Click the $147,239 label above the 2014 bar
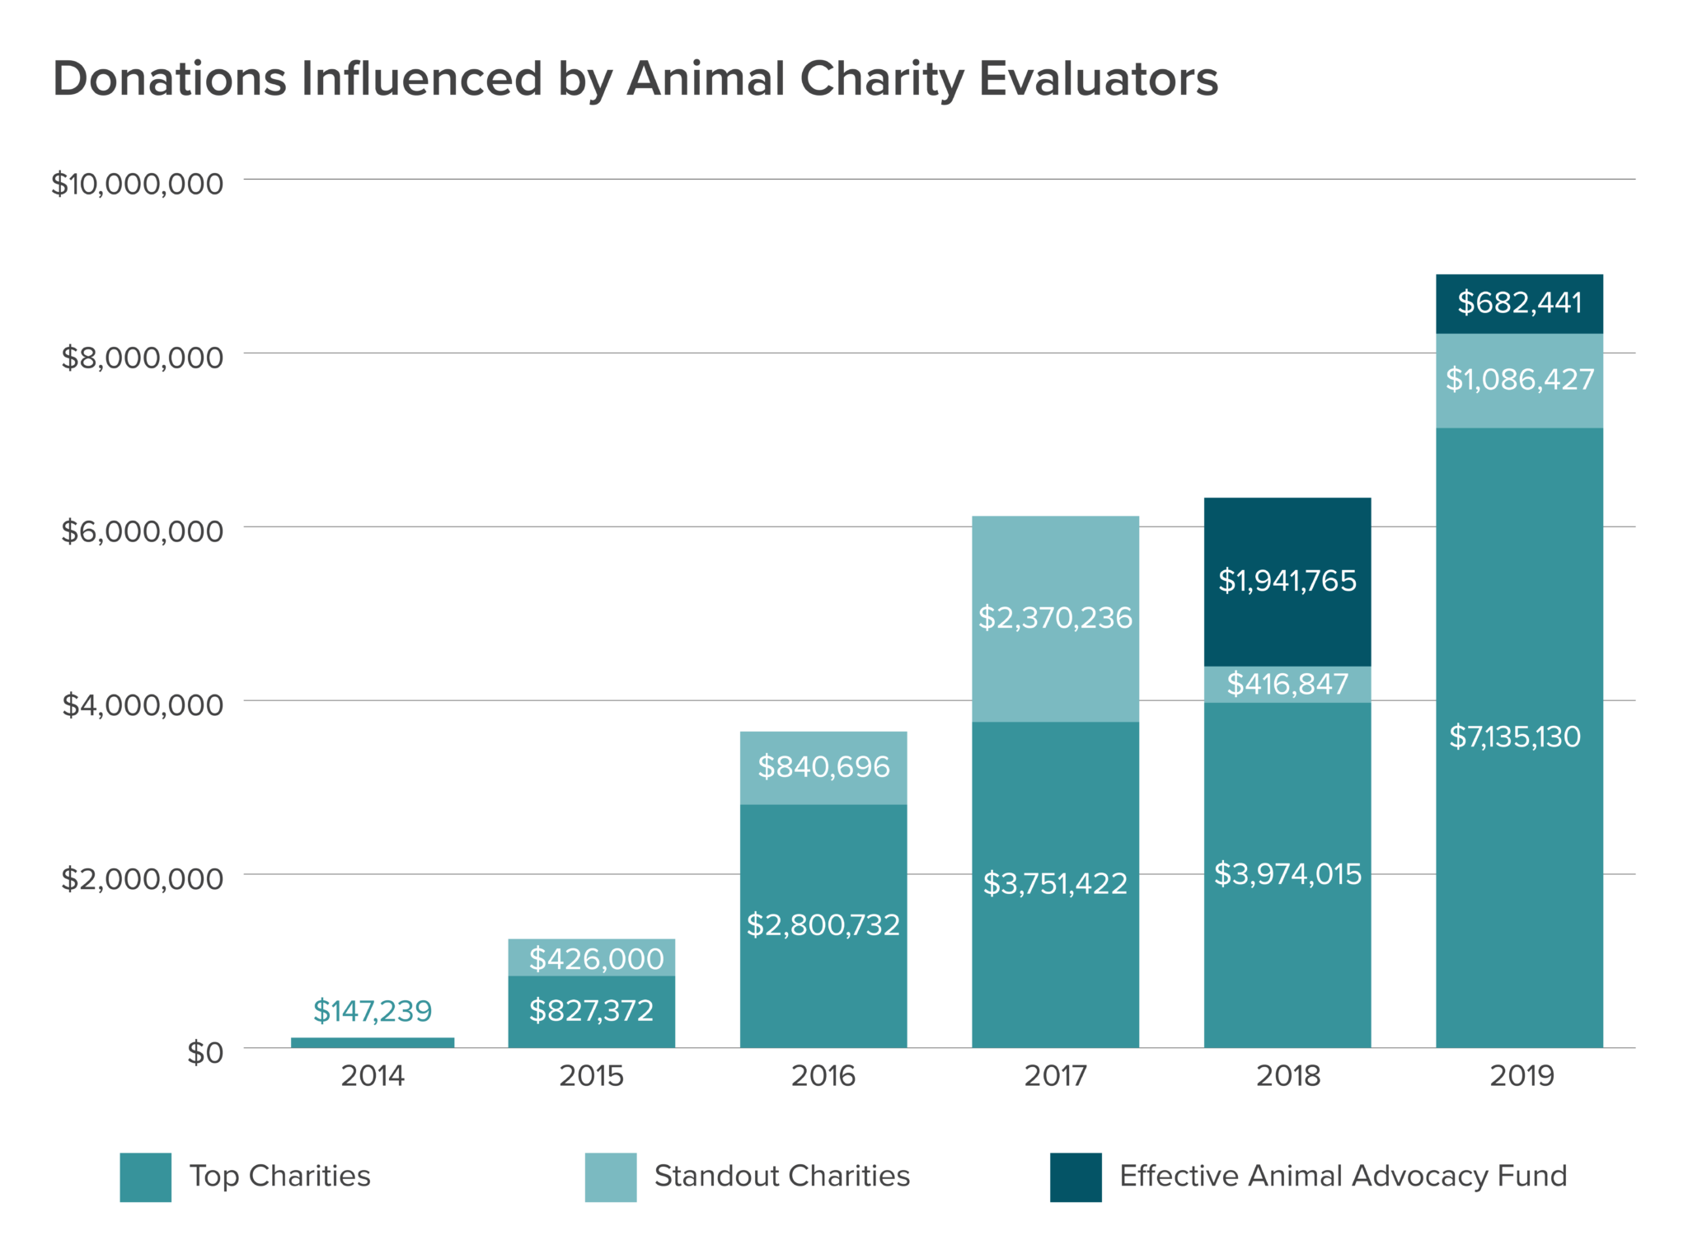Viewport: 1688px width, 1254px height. pyautogui.click(x=373, y=1011)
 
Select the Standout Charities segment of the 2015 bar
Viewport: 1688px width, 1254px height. pyautogui.click(x=592, y=957)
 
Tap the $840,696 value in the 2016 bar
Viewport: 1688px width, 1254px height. pyautogui.click(x=823, y=767)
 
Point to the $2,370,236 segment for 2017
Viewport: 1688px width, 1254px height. pyautogui.click(x=1055, y=618)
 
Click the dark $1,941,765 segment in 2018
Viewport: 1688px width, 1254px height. pyautogui.click(x=1287, y=581)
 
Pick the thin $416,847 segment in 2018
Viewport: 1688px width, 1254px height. pyautogui.click(x=1287, y=684)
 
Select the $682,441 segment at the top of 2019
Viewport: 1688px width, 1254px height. pyautogui.click(x=1519, y=303)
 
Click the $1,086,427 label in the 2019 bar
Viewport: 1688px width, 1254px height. pyautogui.click(x=1519, y=380)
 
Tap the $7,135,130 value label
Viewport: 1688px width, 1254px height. pyautogui.click(x=1515, y=737)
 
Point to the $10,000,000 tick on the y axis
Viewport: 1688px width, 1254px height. pyautogui.click(x=138, y=184)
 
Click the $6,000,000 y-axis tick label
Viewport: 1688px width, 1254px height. pyautogui.click(x=142, y=531)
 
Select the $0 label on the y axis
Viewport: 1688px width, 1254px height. pyautogui.click(x=204, y=1053)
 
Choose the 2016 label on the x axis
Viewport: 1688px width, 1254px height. pyautogui.click(x=823, y=1076)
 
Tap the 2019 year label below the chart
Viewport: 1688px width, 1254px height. pyautogui.click(x=1521, y=1076)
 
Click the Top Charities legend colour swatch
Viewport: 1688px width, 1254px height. pyautogui.click(x=146, y=1177)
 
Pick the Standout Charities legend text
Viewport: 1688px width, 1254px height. pyautogui.click(x=781, y=1177)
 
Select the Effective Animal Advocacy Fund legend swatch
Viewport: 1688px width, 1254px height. pyautogui.click(x=1076, y=1177)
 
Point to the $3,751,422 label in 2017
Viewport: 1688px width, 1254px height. pyautogui.click(x=1055, y=884)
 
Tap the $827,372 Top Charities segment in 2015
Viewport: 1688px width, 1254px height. pyautogui.click(x=592, y=1011)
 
